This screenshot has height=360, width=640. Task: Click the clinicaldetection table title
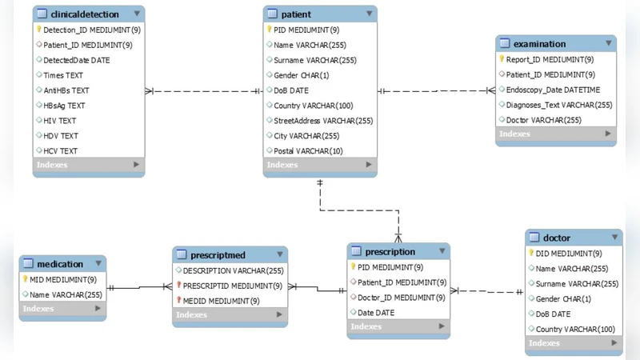click(x=84, y=14)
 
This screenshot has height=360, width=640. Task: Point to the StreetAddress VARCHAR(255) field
click(x=323, y=121)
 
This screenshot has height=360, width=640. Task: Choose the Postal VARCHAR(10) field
click(x=308, y=151)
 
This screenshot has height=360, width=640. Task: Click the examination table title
click(x=539, y=44)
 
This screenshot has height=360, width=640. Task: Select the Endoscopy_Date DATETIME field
click(x=553, y=90)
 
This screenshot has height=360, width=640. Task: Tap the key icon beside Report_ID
click(x=502, y=59)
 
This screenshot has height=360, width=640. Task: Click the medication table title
click(x=60, y=264)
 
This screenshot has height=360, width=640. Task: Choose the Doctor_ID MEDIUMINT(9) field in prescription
click(x=402, y=298)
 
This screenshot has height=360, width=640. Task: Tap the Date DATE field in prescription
click(x=376, y=313)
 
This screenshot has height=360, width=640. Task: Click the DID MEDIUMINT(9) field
click(x=569, y=254)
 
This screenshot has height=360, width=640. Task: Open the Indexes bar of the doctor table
click(x=573, y=344)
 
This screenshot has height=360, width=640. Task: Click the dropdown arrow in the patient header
click(x=369, y=14)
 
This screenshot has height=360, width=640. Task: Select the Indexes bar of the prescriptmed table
click(x=229, y=315)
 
